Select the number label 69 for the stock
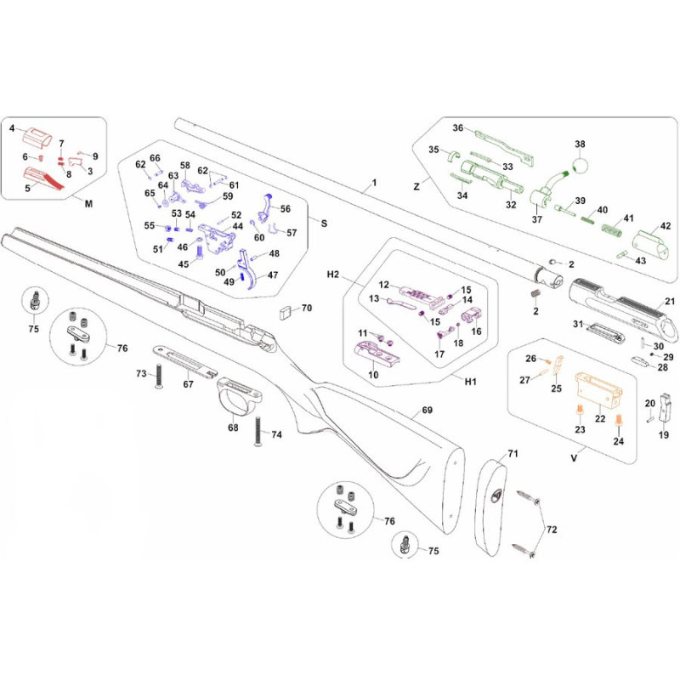(x=427, y=411)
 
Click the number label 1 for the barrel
(x=371, y=184)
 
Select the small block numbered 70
(x=286, y=310)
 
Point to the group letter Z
(x=417, y=184)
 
